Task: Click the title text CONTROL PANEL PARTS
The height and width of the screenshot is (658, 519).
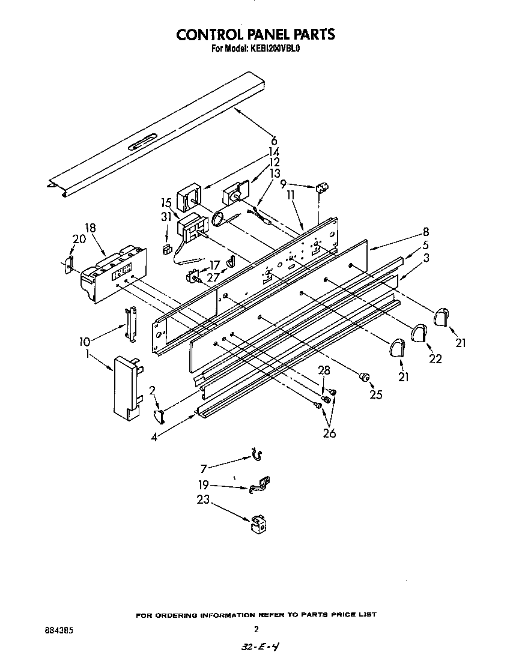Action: coord(255,34)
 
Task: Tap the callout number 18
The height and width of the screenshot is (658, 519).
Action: coord(90,228)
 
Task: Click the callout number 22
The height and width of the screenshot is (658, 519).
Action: coord(436,358)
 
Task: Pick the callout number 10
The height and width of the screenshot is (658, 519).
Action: coord(84,342)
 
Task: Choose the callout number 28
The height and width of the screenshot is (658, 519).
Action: coord(324,370)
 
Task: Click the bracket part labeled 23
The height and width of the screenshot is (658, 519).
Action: coord(258,524)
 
